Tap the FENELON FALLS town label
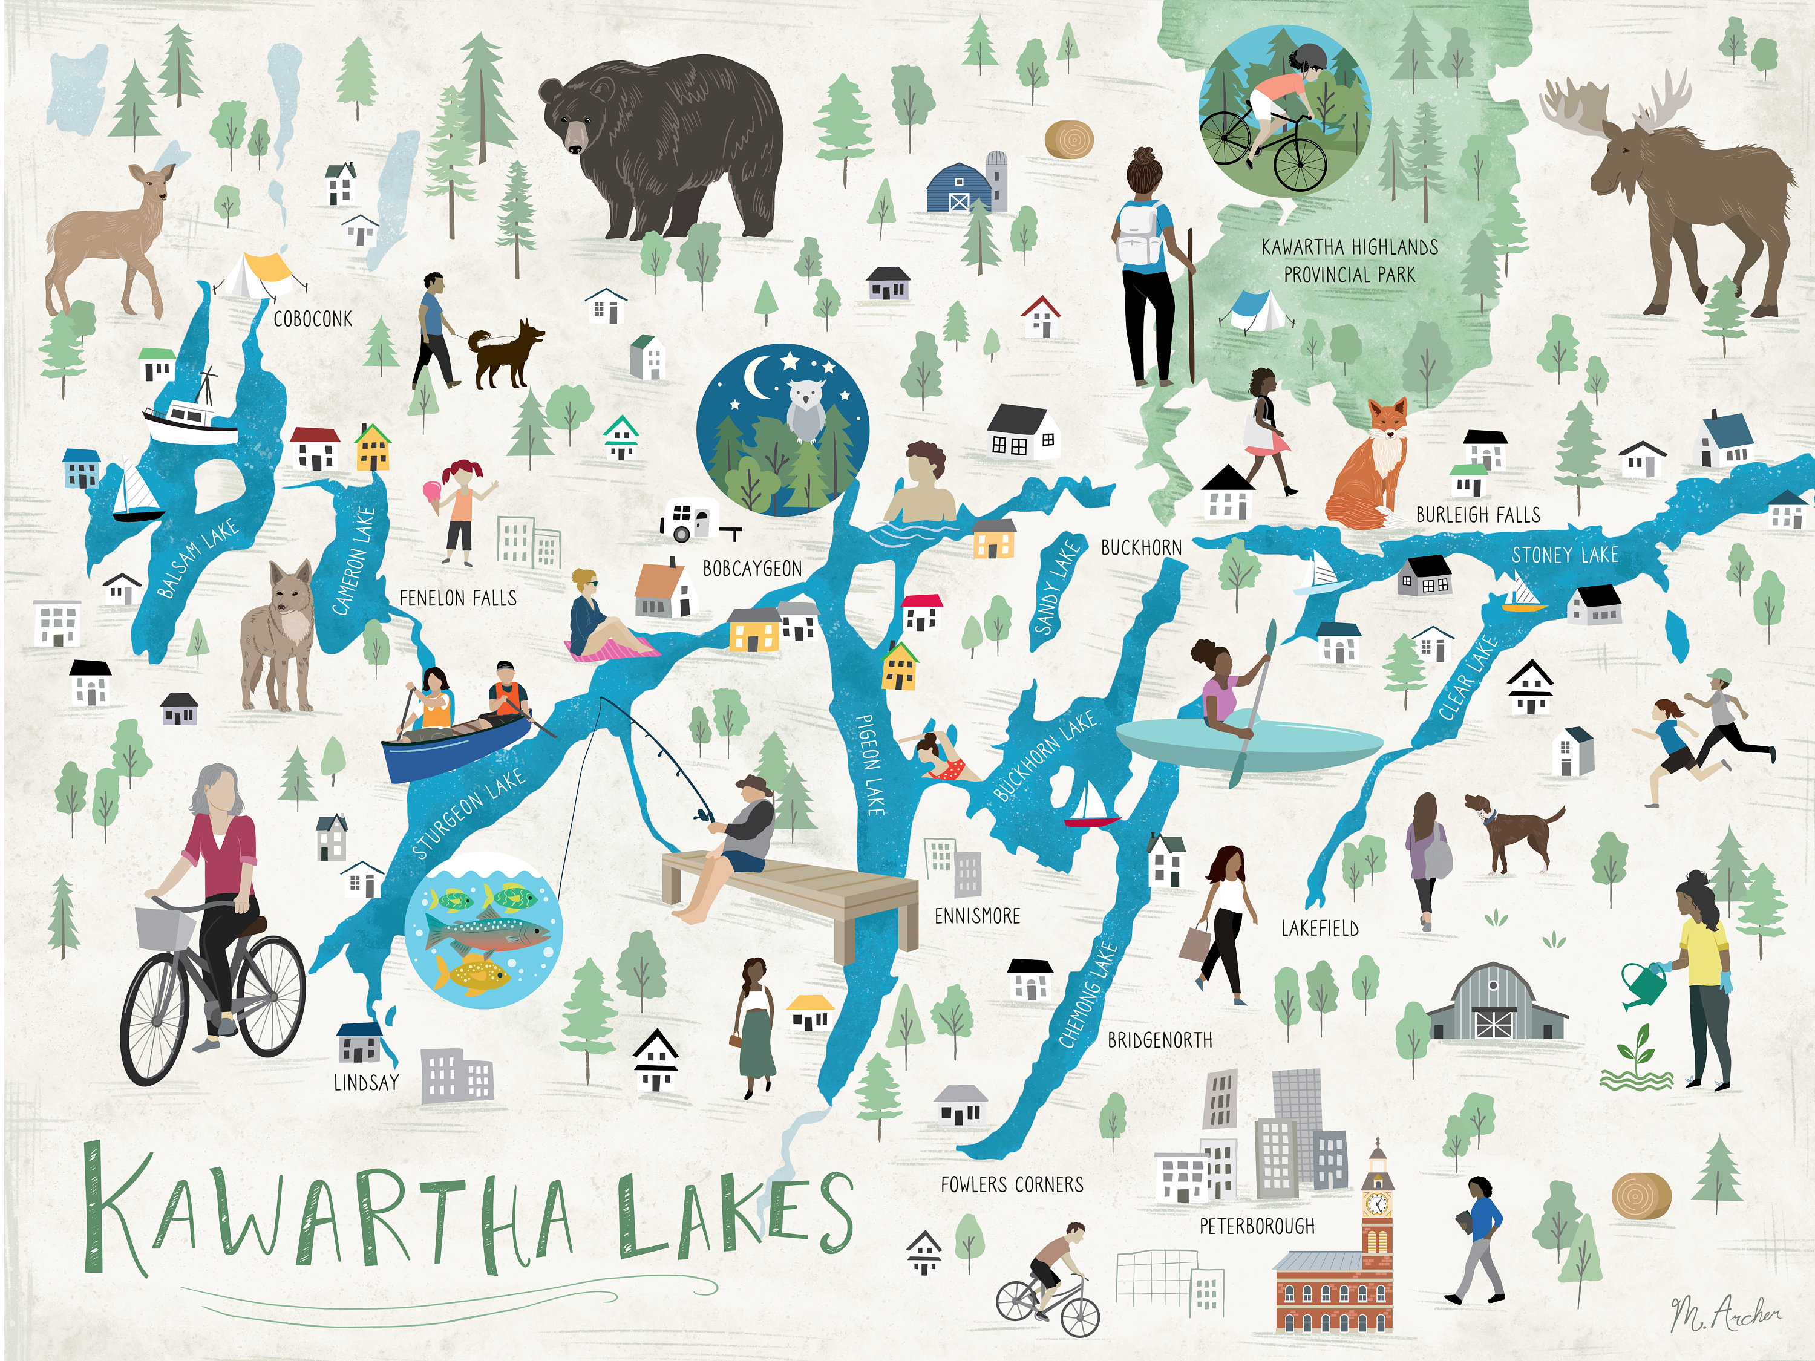coord(458,598)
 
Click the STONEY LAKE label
coord(1565,555)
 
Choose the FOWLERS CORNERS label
coord(1012,1184)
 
